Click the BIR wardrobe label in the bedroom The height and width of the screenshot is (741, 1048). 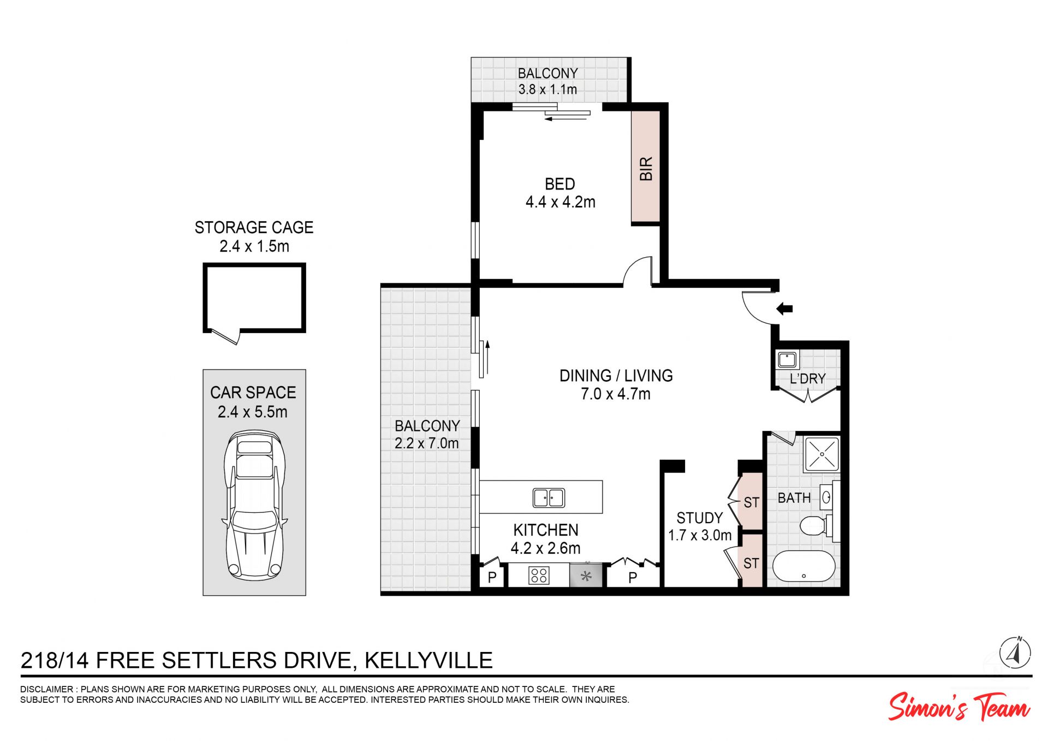tap(646, 169)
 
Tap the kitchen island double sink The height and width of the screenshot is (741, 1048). tap(549, 497)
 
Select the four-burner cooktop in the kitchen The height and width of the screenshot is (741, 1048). tap(539, 576)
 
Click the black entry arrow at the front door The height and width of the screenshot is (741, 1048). tap(784, 309)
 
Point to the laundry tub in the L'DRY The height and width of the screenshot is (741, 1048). tap(787, 360)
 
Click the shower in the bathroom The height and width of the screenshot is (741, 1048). tap(821, 454)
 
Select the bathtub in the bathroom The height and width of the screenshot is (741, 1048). tap(804, 566)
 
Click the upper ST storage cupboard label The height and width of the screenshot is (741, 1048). tap(751, 502)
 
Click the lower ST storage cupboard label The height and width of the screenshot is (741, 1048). tap(751, 563)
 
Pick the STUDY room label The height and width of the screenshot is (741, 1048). tap(699, 518)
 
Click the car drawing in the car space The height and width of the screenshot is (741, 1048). tap(254, 505)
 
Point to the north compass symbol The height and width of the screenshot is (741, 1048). tap(1015, 653)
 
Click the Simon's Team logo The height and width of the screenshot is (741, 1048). tap(959, 707)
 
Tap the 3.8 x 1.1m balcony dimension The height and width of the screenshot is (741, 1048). tap(547, 90)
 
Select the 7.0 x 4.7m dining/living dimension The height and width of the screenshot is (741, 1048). tap(616, 394)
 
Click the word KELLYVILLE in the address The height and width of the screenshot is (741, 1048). tap(428, 660)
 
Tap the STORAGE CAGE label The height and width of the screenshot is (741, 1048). tap(254, 227)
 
